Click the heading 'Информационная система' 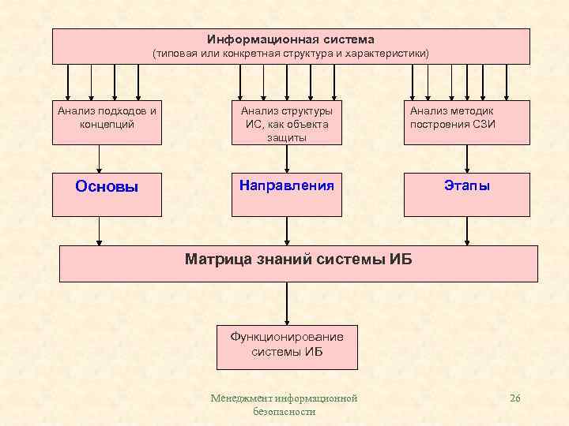coord(291,39)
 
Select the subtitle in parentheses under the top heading coord(291,54)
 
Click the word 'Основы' coord(107,187)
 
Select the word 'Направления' coord(287,186)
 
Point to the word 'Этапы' coord(467,186)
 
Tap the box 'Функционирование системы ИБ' coord(287,346)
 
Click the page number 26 coord(515,398)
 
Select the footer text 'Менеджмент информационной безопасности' coord(284,405)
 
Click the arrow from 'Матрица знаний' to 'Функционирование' coord(287,303)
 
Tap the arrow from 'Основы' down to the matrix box coord(100,230)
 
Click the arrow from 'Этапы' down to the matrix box coord(467,230)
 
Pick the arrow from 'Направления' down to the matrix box coord(287,230)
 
